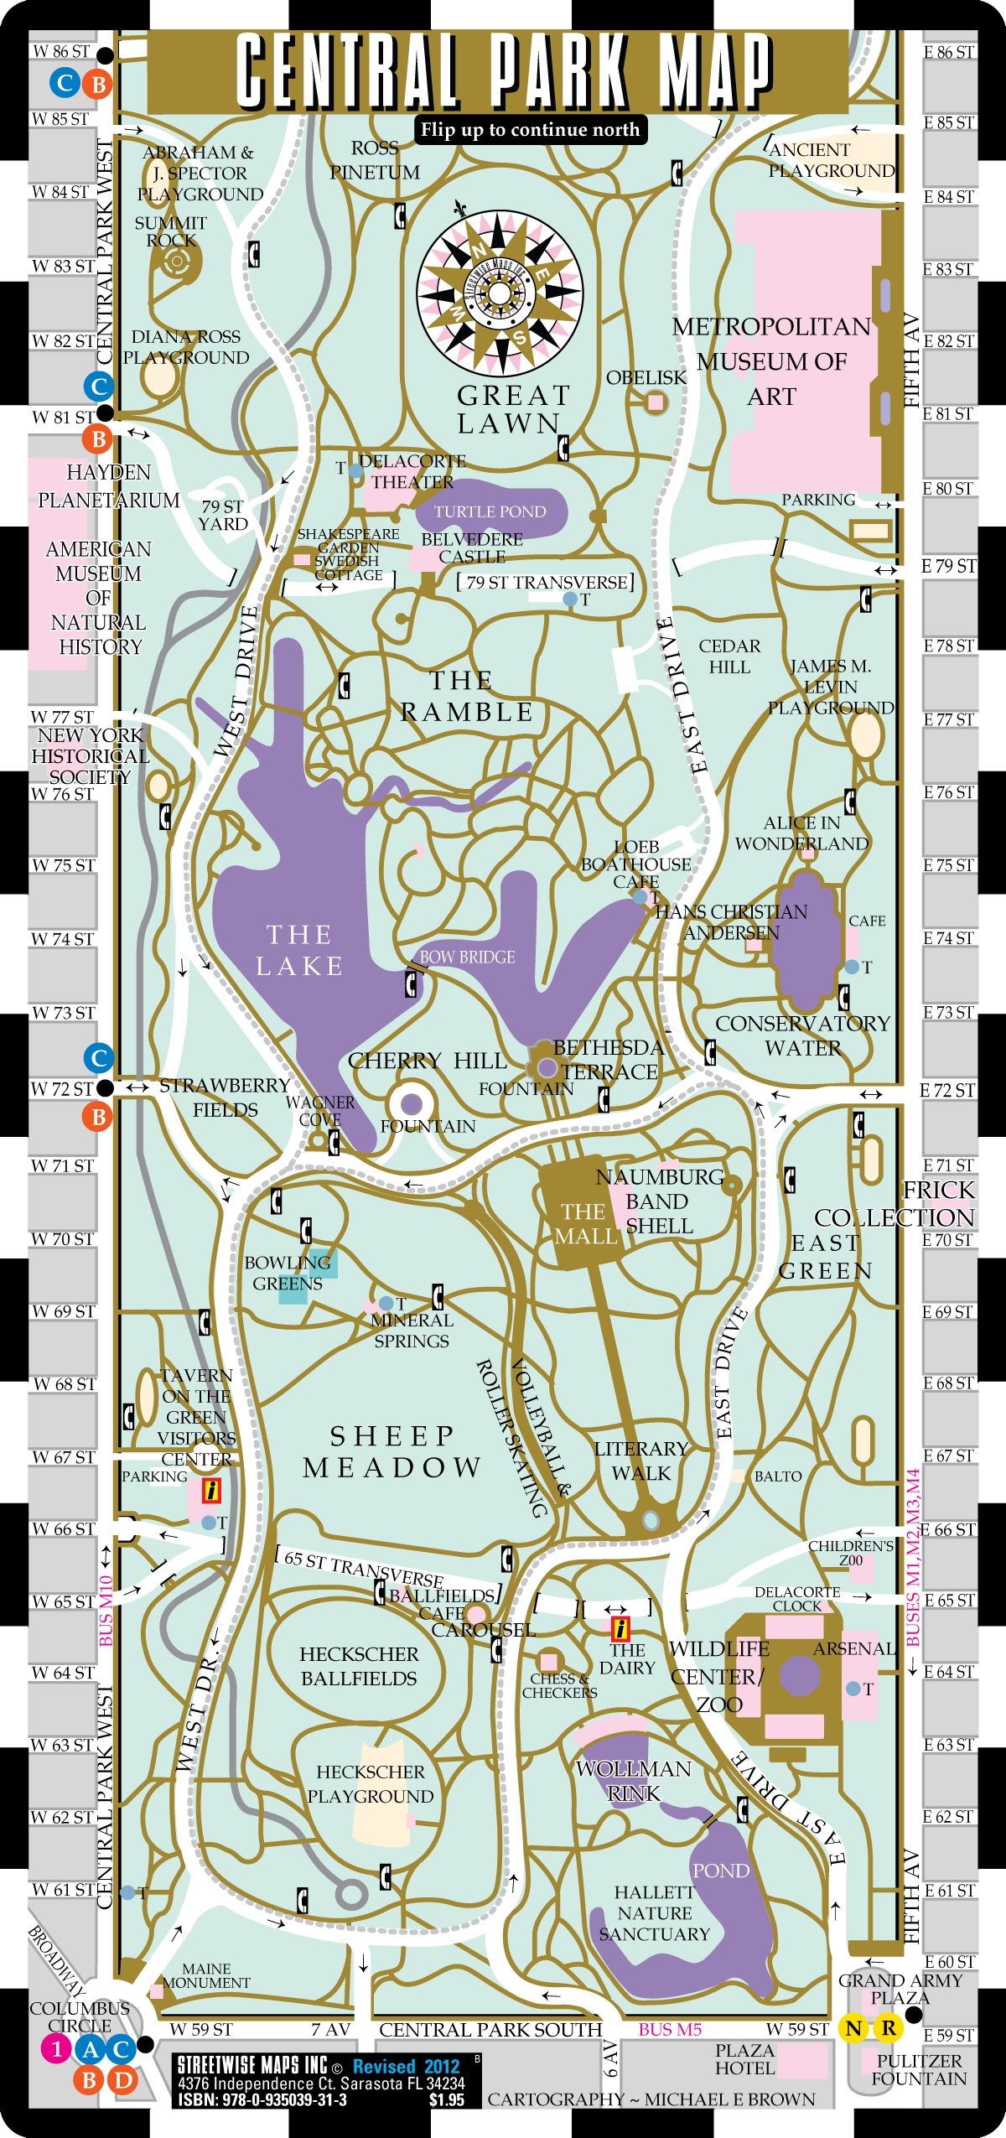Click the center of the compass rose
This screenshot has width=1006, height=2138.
click(499, 293)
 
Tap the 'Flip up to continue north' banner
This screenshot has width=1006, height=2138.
click(530, 130)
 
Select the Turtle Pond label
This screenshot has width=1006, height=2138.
click(490, 511)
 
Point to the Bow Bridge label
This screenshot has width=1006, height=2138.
click(467, 957)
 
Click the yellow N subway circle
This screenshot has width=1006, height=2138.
click(853, 2028)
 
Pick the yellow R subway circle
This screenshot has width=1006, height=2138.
click(889, 2028)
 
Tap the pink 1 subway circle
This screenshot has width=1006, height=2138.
click(56, 2049)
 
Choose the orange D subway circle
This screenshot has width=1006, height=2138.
click(123, 2079)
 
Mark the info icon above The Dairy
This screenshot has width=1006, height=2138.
click(620, 1628)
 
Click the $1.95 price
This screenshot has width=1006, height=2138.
click(446, 2100)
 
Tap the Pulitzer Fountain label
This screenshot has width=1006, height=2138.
click(919, 2070)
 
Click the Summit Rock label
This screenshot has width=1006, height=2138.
click(171, 231)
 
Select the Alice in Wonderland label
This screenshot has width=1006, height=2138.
click(801, 833)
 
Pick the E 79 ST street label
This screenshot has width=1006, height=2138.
click(949, 567)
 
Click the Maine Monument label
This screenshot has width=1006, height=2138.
click(206, 1976)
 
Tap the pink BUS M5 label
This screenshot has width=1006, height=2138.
click(670, 2030)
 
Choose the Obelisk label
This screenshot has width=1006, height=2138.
click(646, 378)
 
